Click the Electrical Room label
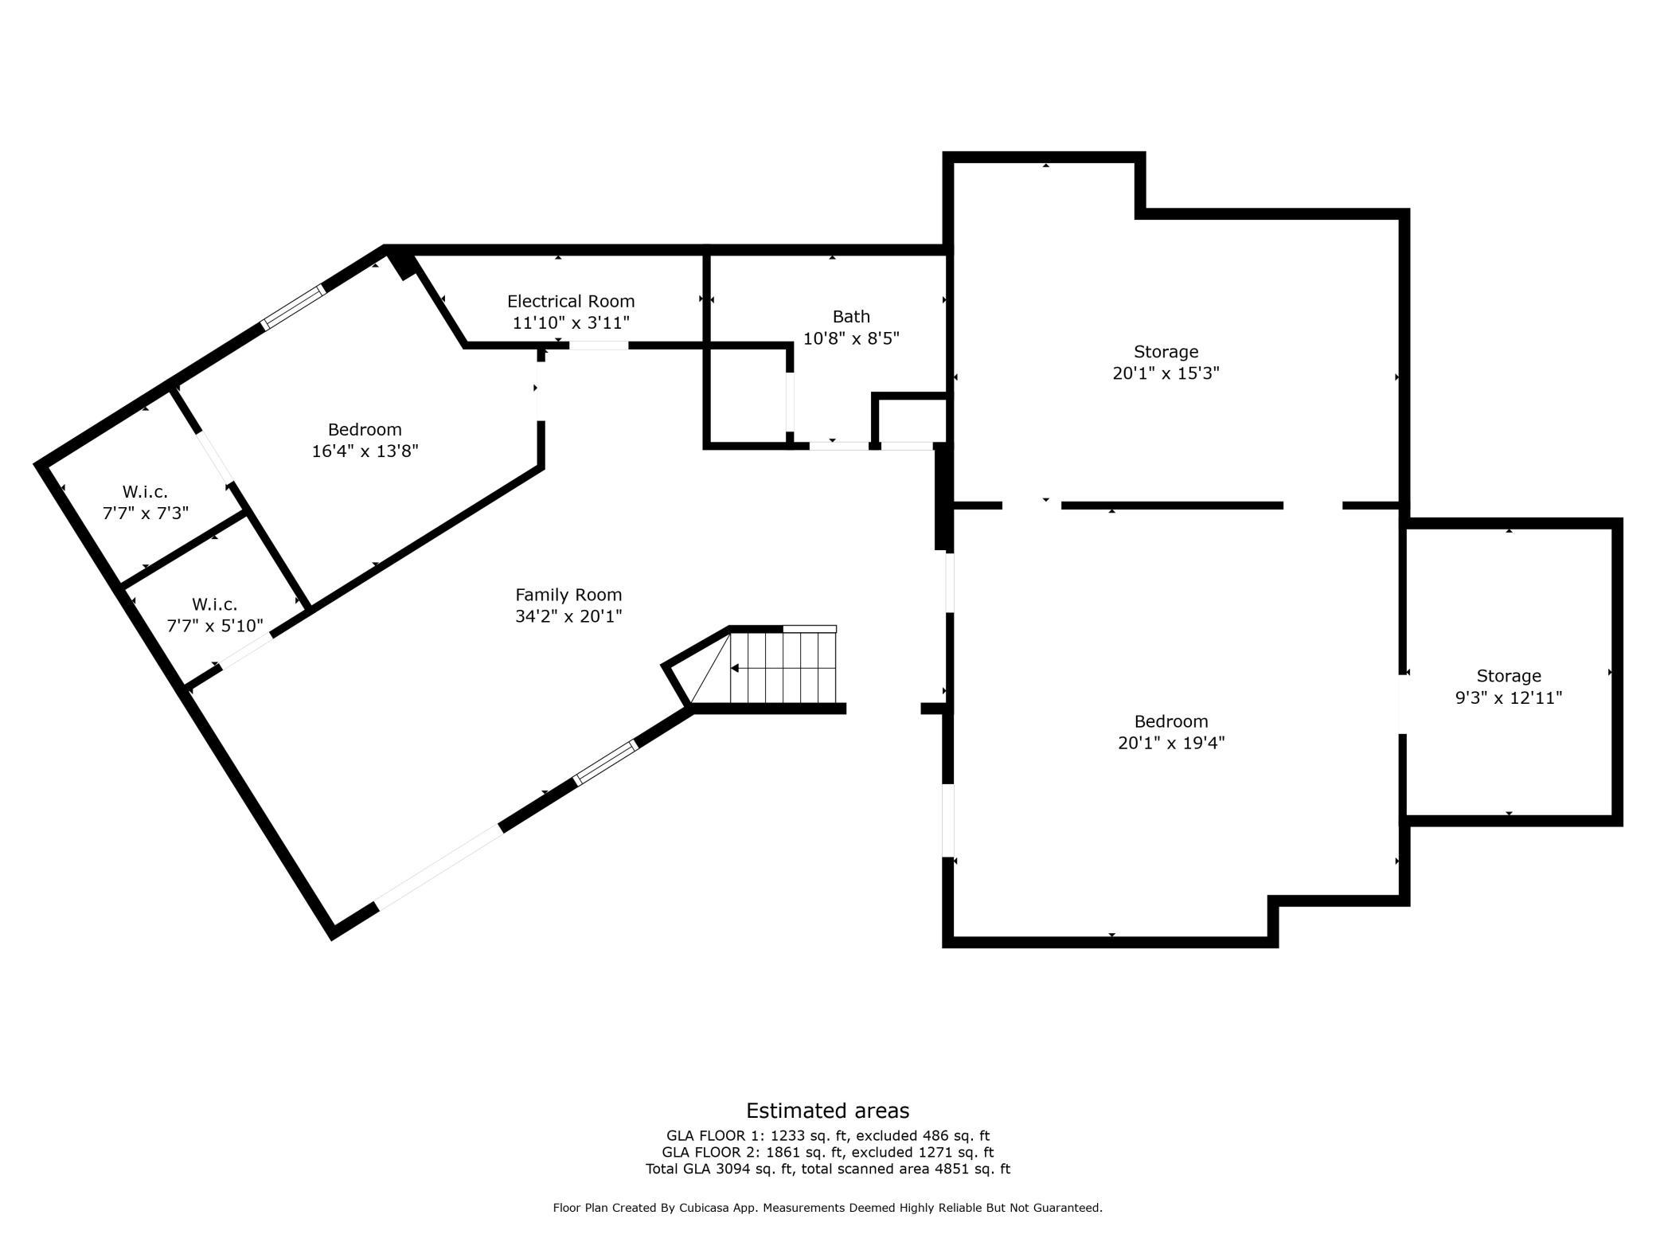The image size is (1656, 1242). pos(571,301)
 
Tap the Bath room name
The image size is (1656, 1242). pos(851,316)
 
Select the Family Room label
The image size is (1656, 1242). pos(568,594)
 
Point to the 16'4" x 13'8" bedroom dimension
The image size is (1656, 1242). pos(365,451)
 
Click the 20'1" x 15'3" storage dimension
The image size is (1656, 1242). pos(1166,373)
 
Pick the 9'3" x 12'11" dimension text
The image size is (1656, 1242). pos(1509,697)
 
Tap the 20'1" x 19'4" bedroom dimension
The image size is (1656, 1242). pos(1171,743)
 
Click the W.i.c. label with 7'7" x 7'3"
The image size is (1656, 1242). pos(145,491)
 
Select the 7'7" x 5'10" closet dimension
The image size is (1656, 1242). pos(215,626)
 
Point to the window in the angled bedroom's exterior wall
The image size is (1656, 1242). pos(294,307)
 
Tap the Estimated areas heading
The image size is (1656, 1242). pos(827,1111)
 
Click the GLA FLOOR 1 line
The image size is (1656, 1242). pos(828,1136)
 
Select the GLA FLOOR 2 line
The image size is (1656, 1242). pos(828,1152)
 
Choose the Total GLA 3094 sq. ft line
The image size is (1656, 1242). pos(828,1169)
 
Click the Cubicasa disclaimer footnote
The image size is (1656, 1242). pos(828,1208)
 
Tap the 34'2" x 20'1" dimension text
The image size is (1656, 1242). pos(568,616)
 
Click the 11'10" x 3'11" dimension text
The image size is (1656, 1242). pos(571,322)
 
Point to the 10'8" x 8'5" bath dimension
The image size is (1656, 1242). pos(851,338)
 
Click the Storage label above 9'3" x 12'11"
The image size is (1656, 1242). pos(1509,676)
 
